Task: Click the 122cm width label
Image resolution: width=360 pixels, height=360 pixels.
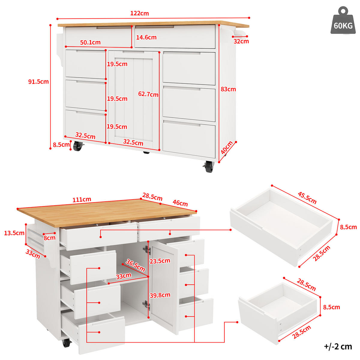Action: [139, 13]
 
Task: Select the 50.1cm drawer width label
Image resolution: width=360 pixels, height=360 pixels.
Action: [90, 43]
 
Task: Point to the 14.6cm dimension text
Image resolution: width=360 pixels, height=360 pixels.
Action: [146, 37]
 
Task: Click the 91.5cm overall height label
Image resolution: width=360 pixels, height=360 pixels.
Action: [38, 82]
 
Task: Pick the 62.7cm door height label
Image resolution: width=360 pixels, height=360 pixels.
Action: [148, 94]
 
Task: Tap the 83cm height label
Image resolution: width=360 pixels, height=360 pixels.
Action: [228, 89]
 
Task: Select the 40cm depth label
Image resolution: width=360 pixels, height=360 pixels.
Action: [227, 148]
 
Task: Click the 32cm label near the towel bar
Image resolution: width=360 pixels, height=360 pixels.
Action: [241, 41]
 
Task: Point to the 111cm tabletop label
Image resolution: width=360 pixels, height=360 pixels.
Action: [82, 199]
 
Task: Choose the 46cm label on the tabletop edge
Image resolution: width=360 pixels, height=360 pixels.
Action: [180, 203]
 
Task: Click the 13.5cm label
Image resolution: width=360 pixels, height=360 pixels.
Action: [14, 233]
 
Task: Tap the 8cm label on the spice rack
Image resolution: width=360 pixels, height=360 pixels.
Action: [49, 238]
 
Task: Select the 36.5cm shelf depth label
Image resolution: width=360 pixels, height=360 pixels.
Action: [135, 265]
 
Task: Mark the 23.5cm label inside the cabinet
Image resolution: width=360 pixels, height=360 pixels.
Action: [160, 261]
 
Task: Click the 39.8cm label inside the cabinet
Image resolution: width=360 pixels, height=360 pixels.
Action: [160, 295]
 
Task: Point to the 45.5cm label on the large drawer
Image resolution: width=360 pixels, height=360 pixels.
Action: [307, 198]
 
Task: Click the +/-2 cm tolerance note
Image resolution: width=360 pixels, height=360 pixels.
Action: [338, 346]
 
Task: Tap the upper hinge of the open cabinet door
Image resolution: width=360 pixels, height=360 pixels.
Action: [147, 250]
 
